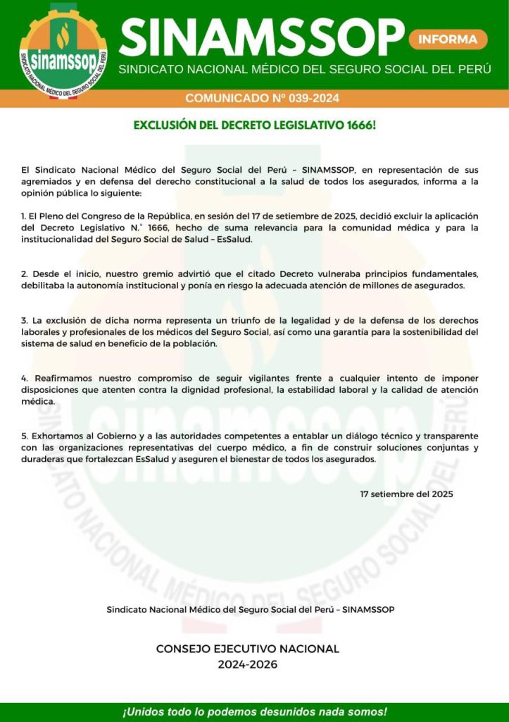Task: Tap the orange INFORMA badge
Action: pyautogui.click(x=448, y=39)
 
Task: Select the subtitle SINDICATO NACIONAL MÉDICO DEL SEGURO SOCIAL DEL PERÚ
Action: pyautogui.click(x=305, y=69)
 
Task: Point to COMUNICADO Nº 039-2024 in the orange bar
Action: pyautogui.click(x=262, y=98)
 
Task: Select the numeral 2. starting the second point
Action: pyautogui.click(x=25, y=273)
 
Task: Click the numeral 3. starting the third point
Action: pyautogui.click(x=25, y=319)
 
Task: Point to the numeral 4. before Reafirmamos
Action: pyautogui.click(x=25, y=378)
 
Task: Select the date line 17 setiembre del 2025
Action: pyautogui.click(x=406, y=494)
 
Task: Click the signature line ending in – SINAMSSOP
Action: pyautogui.click(x=250, y=609)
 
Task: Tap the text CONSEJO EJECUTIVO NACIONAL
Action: pyautogui.click(x=248, y=649)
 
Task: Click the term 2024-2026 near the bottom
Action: pyautogui.click(x=248, y=664)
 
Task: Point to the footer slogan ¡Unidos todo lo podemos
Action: pyautogui.click(x=255, y=711)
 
